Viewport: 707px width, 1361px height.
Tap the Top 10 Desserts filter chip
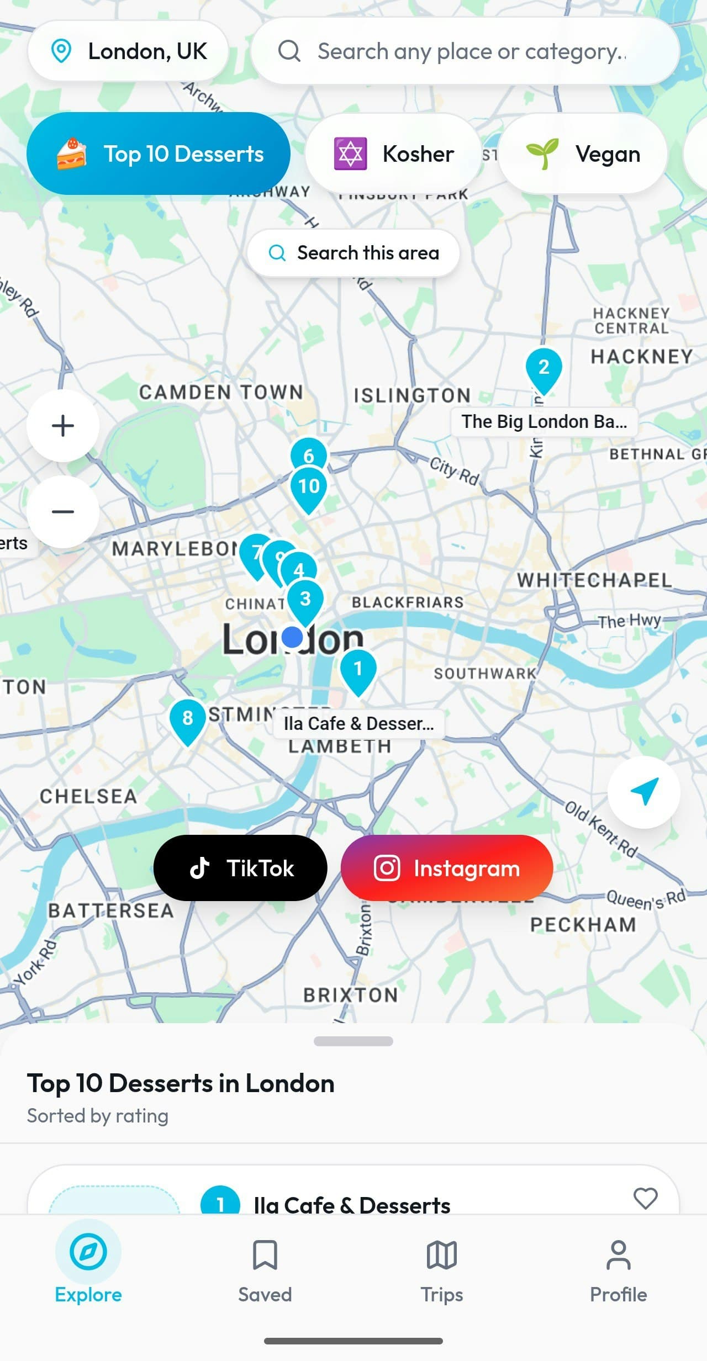[159, 153]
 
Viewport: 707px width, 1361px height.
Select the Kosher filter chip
[394, 153]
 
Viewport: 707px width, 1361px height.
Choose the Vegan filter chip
[583, 153]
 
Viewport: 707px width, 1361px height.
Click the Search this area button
[353, 253]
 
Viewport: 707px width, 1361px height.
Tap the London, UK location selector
[128, 51]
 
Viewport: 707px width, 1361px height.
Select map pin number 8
[188, 718]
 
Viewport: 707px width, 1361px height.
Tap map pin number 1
[358, 669]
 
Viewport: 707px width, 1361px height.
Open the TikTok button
[240, 868]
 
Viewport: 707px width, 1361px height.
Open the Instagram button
[447, 868]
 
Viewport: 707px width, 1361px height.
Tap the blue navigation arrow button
[643, 792]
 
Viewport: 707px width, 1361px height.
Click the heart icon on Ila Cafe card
[645, 1199]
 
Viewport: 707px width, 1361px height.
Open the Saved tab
[265, 1269]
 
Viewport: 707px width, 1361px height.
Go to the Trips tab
[442, 1269]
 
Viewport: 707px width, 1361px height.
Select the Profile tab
[618, 1269]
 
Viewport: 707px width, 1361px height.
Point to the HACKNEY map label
[641, 357]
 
